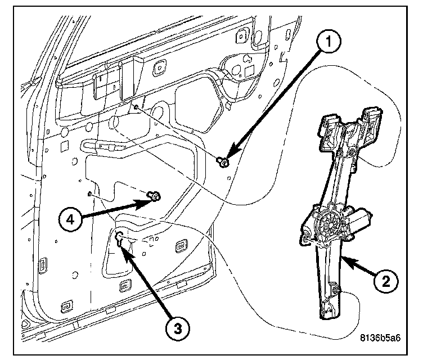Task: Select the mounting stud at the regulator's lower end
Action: tap(336, 290)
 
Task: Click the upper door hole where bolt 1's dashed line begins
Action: tap(137, 107)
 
